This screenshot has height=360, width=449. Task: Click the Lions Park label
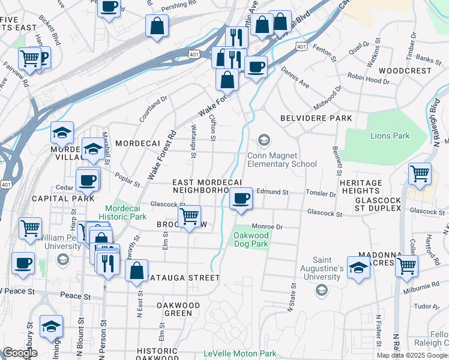[390, 136]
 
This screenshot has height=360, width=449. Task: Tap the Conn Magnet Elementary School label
[282, 160]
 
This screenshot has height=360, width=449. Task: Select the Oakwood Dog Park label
[250, 240]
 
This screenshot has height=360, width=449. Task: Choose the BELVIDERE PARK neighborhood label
[316, 118]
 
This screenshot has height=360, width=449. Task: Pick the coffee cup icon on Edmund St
[241, 197]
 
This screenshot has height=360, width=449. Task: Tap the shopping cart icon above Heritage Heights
[420, 173]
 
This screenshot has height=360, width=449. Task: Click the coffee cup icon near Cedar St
[88, 179]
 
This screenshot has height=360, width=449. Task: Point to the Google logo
[19, 353]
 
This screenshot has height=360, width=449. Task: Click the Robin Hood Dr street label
[368, 79]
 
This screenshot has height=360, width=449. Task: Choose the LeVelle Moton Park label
[240, 354]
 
